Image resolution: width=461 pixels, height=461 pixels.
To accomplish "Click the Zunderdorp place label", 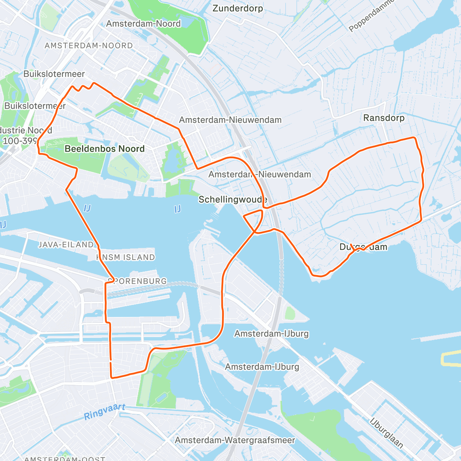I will (237, 8).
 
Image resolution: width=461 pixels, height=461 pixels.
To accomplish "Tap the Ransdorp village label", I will (384, 118).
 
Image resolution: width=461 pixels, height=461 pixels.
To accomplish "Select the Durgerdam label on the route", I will (363, 247).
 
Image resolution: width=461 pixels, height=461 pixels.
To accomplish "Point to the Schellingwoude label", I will (232, 199).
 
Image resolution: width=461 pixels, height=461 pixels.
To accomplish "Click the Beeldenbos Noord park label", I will (104, 149).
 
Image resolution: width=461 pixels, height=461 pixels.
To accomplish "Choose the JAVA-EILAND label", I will (66, 245).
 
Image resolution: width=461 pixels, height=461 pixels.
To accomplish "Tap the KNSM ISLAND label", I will (126, 257).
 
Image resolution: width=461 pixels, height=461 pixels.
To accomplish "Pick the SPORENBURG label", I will (138, 281).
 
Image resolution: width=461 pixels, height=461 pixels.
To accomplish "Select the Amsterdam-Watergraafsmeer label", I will (235, 440).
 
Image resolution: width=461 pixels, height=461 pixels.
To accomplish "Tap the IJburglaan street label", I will (386, 433).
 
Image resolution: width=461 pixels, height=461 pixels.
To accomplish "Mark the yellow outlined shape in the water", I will (450, 358).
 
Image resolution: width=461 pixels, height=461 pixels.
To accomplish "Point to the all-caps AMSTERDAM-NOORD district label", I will (89, 46).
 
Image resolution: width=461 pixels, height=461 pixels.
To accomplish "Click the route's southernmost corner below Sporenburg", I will (112, 378).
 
